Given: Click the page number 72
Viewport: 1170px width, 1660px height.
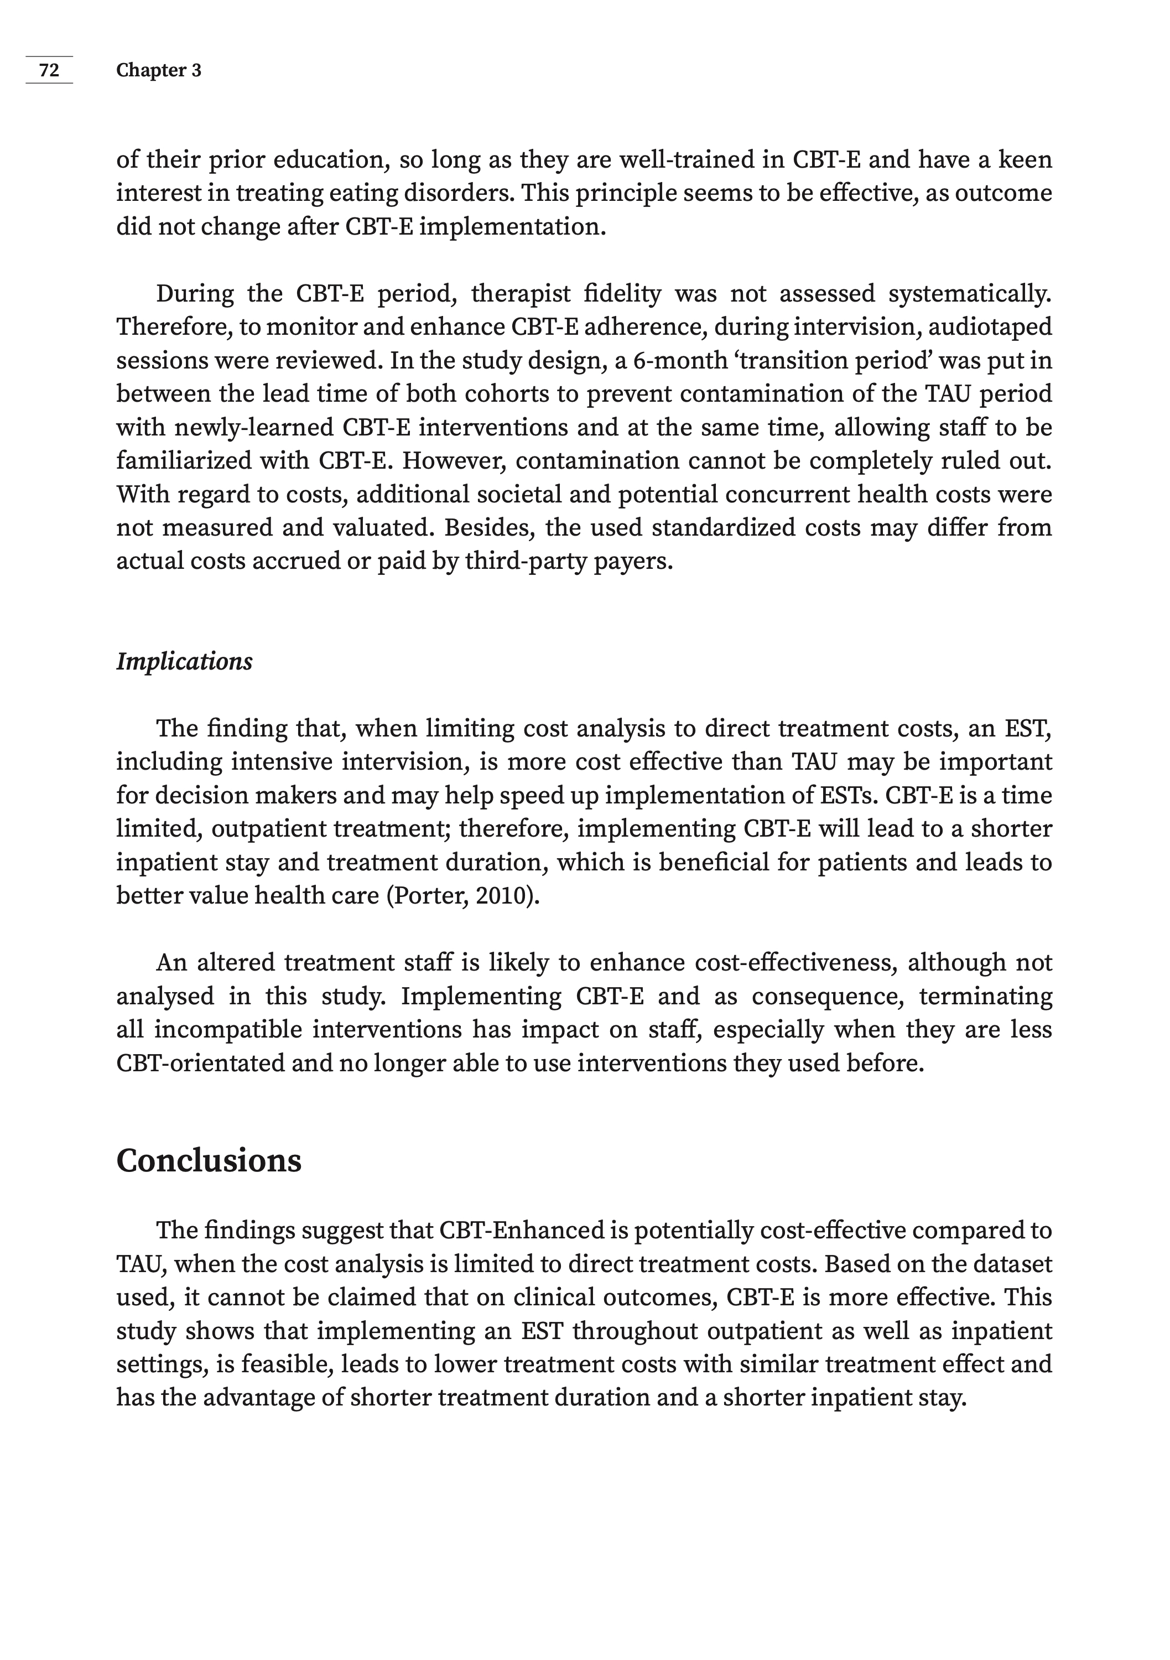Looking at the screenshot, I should pos(49,70).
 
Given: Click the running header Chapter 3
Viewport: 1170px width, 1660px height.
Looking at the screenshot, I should pos(158,70).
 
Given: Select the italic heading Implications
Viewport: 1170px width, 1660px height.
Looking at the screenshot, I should pos(184,662).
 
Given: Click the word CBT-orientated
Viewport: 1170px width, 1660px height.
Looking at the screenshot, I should pos(200,1064).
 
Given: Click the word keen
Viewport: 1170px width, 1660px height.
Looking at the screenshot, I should pos(1025,160).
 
